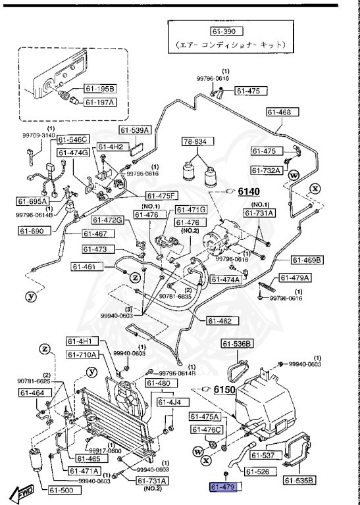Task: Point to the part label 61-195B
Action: coord(99,88)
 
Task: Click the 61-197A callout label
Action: coord(99,102)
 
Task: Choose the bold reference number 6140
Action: coord(249,191)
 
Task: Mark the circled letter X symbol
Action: coord(315,187)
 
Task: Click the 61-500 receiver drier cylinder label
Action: coord(60,490)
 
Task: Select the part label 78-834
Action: coord(195,141)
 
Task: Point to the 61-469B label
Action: coord(307,260)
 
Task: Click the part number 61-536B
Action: coord(237,343)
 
